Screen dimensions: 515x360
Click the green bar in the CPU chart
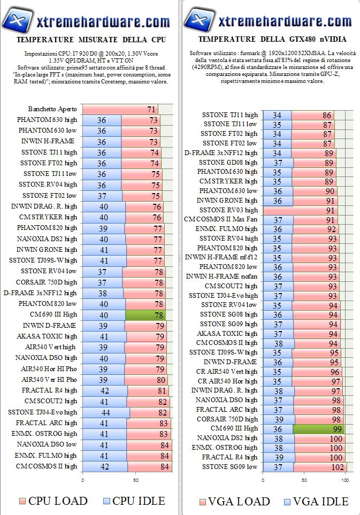[x=145, y=314]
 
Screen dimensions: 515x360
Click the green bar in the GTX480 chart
[x=319, y=429]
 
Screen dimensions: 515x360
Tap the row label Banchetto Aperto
[x=52, y=109]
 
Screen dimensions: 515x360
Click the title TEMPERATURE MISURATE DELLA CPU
[x=90, y=40]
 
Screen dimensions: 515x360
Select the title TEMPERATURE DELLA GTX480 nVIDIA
[x=272, y=40]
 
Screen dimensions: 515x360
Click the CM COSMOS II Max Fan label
[x=220, y=219]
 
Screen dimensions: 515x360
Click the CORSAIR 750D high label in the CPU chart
[x=47, y=282]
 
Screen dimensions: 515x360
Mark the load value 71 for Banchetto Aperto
[x=151, y=109]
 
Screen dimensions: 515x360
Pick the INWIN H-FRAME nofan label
[x=221, y=276]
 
